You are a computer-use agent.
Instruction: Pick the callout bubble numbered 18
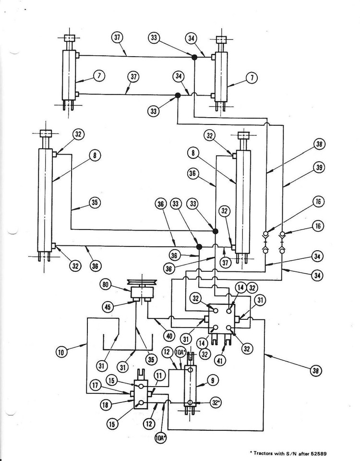pos(105,405)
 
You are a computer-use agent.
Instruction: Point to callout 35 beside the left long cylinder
pos(95,203)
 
